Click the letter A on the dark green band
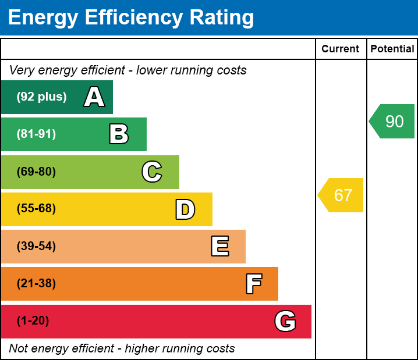click(94, 97)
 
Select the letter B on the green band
click(119, 134)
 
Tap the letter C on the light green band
click(152, 172)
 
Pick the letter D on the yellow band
click(185, 209)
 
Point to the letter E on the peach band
click(219, 247)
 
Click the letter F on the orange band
click(253, 284)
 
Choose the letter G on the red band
click(285, 321)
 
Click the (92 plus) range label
click(41, 97)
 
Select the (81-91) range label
click(36, 134)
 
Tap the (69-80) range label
click(36, 172)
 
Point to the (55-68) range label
click(36, 209)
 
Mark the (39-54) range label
click(36, 247)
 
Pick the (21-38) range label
click(36, 284)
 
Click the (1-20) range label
click(33, 321)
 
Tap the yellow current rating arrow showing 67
click(342, 195)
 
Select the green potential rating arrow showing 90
click(393, 122)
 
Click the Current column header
click(341, 49)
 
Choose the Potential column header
click(392, 49)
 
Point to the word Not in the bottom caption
click(19, 348)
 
